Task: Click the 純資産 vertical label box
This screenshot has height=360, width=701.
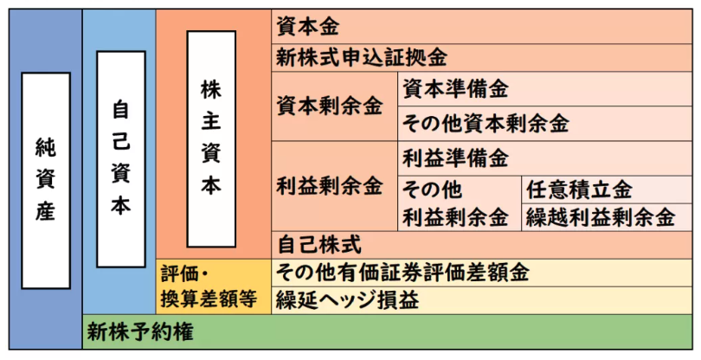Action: [46, 180]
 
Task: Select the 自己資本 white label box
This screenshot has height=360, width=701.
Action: [121, 159]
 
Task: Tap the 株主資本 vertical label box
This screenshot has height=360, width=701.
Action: [211, 138]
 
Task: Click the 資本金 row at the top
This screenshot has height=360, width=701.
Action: [481, 26]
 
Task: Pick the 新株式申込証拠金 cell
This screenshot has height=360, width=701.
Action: [481, 58]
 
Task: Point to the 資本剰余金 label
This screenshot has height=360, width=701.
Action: [330, 106]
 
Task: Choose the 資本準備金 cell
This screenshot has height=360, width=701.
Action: [544, 89]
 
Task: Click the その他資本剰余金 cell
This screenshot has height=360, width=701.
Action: [544, 124]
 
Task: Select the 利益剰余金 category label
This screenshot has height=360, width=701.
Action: [330, 186]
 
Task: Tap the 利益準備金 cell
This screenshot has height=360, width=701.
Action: [544, 158]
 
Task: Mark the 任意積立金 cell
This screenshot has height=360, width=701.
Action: [607, 190]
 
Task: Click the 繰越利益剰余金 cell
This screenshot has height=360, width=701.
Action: [607, 217]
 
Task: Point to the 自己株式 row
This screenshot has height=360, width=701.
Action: [481, 245]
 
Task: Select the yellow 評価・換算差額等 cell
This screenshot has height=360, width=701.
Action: [213, 286]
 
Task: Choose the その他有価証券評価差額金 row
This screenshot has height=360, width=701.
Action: [481, 273]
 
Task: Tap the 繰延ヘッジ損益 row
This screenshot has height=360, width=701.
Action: [481, 300]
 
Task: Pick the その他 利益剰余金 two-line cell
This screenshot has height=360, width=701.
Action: [460, 203]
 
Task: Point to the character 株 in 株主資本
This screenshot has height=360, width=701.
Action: [211, 90]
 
